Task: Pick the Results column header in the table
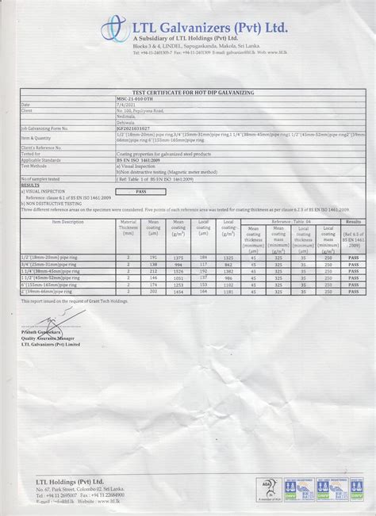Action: click(x=353, y=223)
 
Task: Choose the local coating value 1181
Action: click(x=228, y=292)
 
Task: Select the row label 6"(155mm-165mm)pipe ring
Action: click(x=50, y=287)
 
